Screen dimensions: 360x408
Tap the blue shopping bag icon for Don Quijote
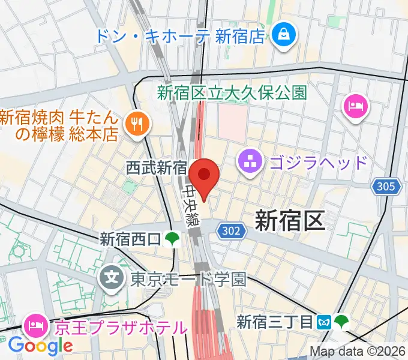281,35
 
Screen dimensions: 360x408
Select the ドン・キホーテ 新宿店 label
179,36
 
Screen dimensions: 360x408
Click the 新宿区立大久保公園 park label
232,92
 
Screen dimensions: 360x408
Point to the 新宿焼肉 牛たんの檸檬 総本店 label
60,125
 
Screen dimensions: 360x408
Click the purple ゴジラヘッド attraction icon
248,161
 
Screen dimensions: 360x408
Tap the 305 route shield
386,187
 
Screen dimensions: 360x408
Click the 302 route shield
229,230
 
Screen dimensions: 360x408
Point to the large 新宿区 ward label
290,220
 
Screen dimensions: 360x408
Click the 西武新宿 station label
157,167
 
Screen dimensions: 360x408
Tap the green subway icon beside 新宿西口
173,239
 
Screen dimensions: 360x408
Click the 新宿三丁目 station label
275,322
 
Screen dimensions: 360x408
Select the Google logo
40,345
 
